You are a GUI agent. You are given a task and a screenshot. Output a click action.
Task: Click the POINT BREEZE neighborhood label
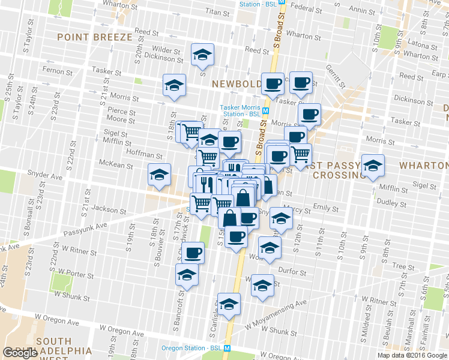94,37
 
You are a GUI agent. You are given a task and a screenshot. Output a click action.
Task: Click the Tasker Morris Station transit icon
265,110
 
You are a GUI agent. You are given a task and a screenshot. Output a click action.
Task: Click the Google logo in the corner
20,353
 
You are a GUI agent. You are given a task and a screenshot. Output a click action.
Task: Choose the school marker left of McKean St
159,175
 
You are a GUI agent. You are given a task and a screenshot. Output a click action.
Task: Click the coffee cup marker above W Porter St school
193,253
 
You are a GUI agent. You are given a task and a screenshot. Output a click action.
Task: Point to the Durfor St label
293,271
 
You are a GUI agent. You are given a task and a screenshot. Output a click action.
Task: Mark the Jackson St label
109,211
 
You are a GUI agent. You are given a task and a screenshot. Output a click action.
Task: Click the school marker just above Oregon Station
229,304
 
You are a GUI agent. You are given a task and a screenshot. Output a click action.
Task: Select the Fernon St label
57,71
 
